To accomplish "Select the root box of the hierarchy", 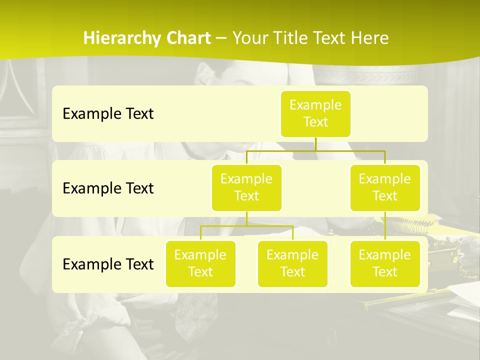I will [x=315, y=114].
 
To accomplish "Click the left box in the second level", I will [x=246, y=188].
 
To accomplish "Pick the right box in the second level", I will [x=385, y=188].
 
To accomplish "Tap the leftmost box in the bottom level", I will [x=200, y=264].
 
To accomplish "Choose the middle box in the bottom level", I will [x=292, y=264].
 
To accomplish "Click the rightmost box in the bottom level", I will [x=385, y=264].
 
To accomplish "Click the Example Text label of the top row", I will [x=108, y=114].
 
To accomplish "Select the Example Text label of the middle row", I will [x=108, y=188].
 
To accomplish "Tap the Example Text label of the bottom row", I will [x=108, y=264].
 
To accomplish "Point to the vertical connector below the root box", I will [x=315, y=144].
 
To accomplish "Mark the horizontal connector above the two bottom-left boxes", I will [x=246, y=226].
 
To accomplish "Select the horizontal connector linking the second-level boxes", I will [x=315, y=150].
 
